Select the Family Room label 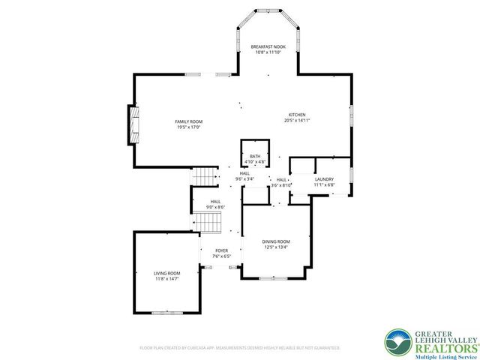click(x=189, y=121)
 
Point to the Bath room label click(x=255, y=156)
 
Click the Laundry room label click(x=324, y=179)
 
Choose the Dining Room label click(x=275, y=241)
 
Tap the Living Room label click(x=167, y=273)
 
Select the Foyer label click(x=221, y=250)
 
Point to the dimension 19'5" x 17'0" click(x=189, y=127)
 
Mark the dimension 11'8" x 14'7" click(x=167, y=279)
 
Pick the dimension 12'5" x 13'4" click(x=275, y=247)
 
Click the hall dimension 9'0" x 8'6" click(x=215, y=208)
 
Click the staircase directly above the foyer click(x=211, y=221)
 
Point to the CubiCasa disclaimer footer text click(x=240, y=348)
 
